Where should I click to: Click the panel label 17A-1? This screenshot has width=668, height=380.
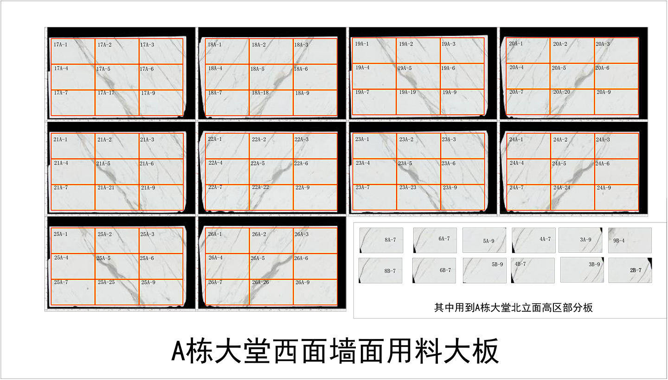click(60, 45)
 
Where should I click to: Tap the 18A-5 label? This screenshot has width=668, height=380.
click(257, 69)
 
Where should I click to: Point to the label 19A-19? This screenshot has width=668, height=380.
click(406, 92)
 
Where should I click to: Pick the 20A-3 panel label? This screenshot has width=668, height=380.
click(603, 44)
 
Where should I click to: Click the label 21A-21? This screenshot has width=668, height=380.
click(106, 188)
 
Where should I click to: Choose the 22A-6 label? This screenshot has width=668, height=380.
click(301, 164)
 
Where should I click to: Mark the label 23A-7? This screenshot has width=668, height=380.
click(362, 188)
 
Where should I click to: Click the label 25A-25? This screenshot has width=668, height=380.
click(106, 282)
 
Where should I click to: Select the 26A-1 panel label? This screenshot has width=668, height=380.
click(215, 234)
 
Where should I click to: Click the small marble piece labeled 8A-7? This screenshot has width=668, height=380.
click(381, 240)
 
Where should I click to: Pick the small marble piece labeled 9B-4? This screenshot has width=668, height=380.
click(629, 240)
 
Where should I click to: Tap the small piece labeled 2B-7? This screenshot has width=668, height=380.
click(630, 270)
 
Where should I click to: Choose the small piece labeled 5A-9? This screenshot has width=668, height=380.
click(484, 240)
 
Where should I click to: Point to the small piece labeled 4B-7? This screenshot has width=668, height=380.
click(533, 270)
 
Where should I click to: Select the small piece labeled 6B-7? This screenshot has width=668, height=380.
click(434, 270)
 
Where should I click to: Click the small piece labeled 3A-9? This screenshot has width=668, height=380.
click(580, 240)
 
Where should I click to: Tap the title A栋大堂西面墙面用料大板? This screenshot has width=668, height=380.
click(334, 351)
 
